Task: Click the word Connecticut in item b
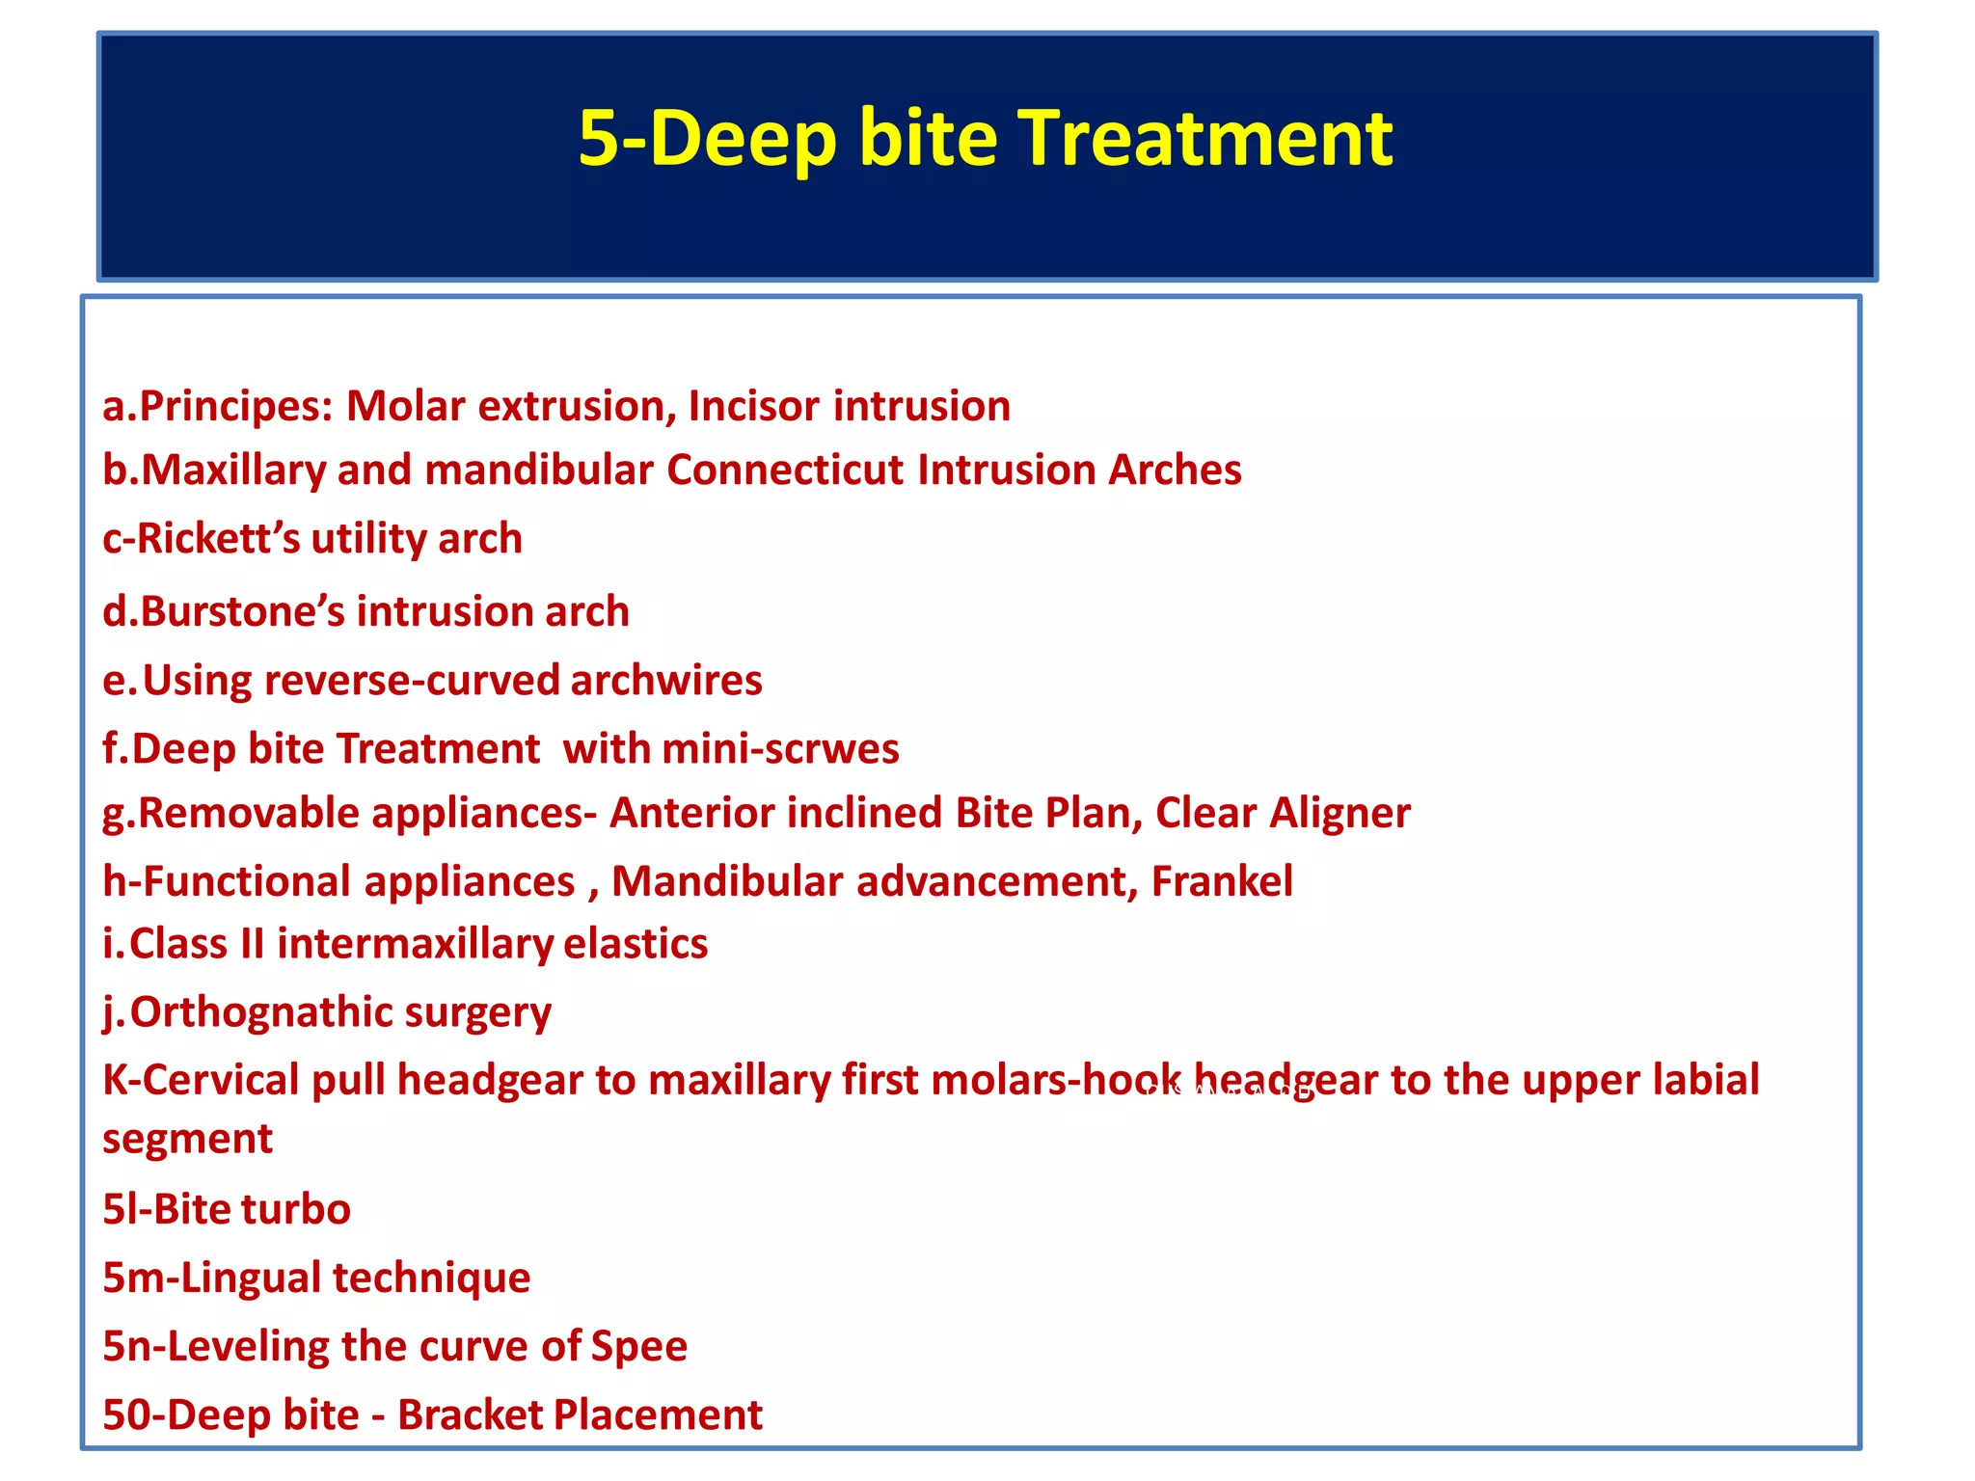[785, 471]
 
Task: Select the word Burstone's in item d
[242, 612]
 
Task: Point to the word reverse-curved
[412, 681]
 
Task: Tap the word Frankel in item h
[1222, 882]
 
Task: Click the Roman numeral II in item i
[252, 944]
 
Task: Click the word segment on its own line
[187, 1140]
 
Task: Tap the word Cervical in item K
[221, 1081]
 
